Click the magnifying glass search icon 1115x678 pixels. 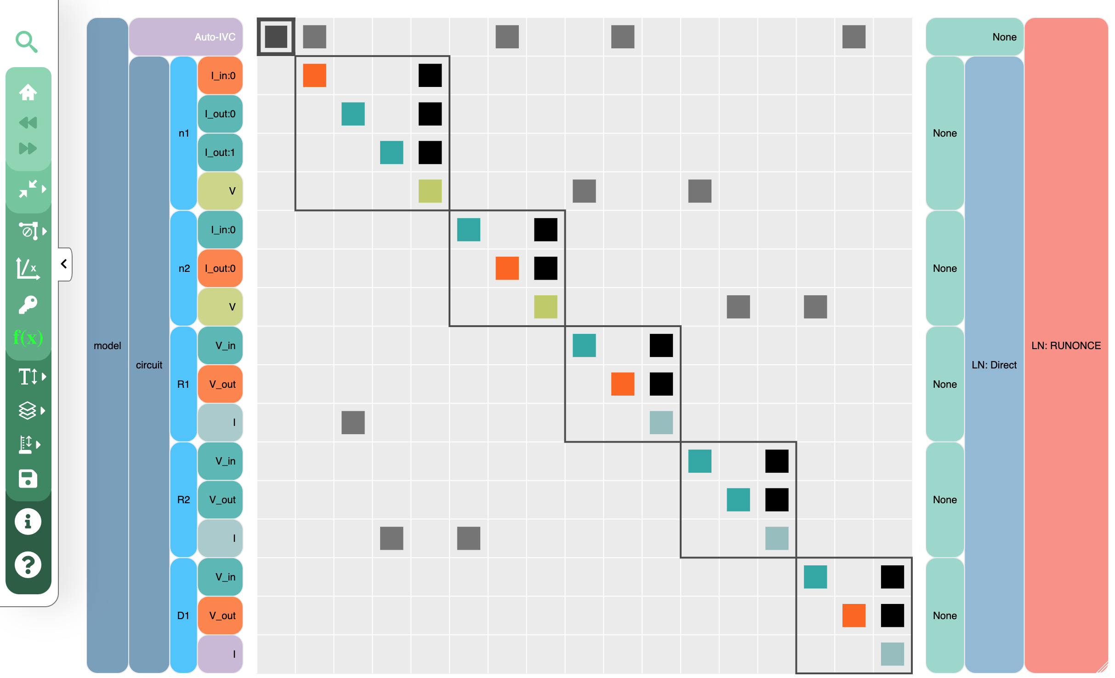click(27, 42)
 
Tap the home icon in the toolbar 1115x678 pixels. click(28, 92)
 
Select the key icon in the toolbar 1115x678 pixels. click(28, 304)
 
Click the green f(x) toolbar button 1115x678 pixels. click(28, 338)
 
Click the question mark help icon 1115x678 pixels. click(28, 564)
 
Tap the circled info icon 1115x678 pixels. click(28, 522)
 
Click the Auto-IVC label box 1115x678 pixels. click(186, 37)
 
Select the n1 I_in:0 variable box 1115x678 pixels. click(220, 75)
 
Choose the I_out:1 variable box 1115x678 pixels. click(220, 152)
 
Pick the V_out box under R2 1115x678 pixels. click(220, 500)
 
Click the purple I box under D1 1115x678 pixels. click(220, 654)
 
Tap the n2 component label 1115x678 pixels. click(184, 268)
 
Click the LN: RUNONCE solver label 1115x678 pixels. click(1066, 345)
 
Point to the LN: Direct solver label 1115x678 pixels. click(994, 365)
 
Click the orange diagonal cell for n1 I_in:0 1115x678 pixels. click(314, 75)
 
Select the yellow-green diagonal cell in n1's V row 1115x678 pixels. click(430, 191)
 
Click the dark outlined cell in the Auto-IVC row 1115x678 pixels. click(276, 37)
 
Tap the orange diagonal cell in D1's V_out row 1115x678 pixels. click(854, 615)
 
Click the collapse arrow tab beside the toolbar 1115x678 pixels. click(65, 264)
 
